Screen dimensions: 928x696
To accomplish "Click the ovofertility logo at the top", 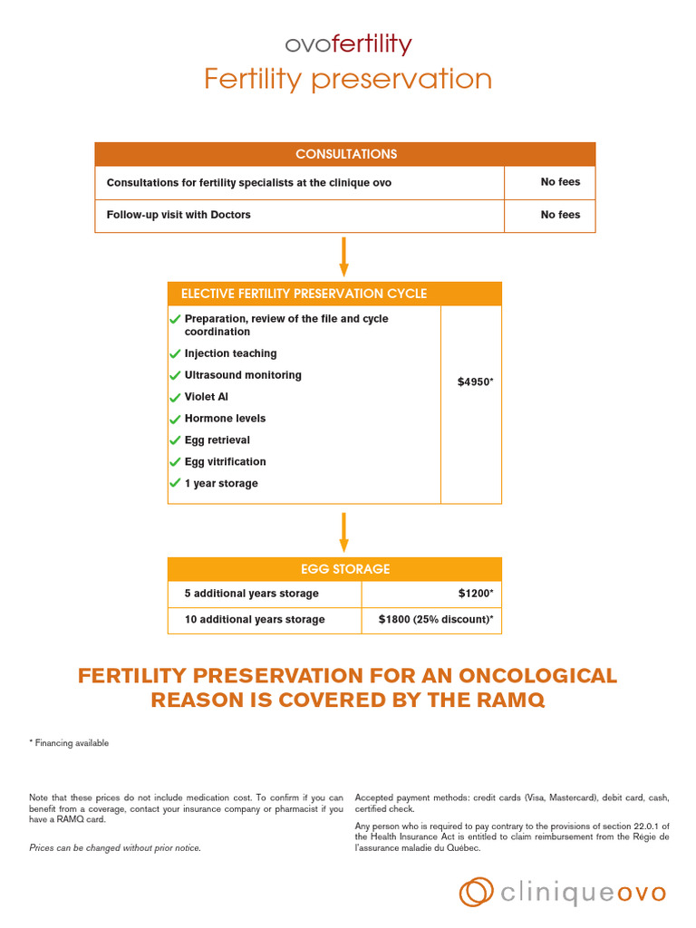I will click(348, 44).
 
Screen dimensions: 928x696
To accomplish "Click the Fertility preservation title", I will click(348, 80).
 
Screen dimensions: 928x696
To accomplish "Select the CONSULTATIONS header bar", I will click(345, 154).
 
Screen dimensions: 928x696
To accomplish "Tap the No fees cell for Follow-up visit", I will click(560, 215).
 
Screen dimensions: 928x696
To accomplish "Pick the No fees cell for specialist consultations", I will click(560, 182).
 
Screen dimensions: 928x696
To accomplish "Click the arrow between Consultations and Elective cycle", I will click(344, 256).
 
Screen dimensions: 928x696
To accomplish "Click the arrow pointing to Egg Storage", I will click(344, 532).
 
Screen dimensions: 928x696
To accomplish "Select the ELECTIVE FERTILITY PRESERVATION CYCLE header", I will click(304, 294).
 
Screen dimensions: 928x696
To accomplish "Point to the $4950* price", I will click(476, 382).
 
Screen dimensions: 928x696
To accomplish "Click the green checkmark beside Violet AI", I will click(175, 398).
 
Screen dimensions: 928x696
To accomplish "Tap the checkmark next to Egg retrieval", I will click(175, 440).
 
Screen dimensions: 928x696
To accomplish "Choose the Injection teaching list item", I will click(230, 353).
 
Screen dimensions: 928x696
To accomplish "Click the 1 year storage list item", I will click(221, 484).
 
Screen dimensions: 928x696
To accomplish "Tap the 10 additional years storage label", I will click(255, 620).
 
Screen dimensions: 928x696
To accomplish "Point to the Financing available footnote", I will click(69, 743).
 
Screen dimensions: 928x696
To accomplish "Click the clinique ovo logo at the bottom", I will click(563, 893).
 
